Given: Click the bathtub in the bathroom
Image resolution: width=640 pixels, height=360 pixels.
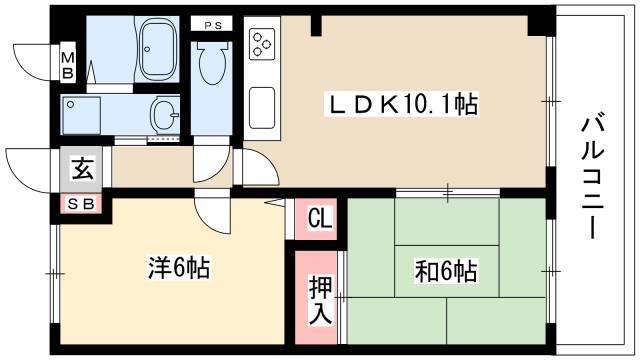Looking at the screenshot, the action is click(157, 48).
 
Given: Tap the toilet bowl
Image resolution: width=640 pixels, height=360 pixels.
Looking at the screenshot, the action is click(212, 62).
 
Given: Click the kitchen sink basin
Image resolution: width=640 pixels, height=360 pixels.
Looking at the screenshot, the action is click(262, 108).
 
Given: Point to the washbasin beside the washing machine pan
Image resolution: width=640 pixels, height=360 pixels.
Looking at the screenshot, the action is click(165, 115).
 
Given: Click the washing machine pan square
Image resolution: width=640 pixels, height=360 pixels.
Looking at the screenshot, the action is click(81, 116).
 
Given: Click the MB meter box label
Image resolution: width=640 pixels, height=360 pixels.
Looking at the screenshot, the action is click(68, 65).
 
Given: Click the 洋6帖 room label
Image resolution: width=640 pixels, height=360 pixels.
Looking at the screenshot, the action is click(179, 269).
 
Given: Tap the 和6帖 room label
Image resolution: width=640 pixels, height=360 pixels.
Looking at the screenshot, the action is click(445, 271).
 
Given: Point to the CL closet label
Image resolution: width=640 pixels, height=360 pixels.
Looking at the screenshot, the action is click(320, 218).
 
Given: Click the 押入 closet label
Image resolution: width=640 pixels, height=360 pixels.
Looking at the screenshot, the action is click(320, 300).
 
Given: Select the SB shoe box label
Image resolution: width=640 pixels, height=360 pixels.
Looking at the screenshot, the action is click(81, 204).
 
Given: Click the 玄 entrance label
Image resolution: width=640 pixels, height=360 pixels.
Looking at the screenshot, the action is click(83, 169).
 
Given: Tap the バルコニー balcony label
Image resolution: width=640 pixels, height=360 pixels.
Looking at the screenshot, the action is click(592, 177).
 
